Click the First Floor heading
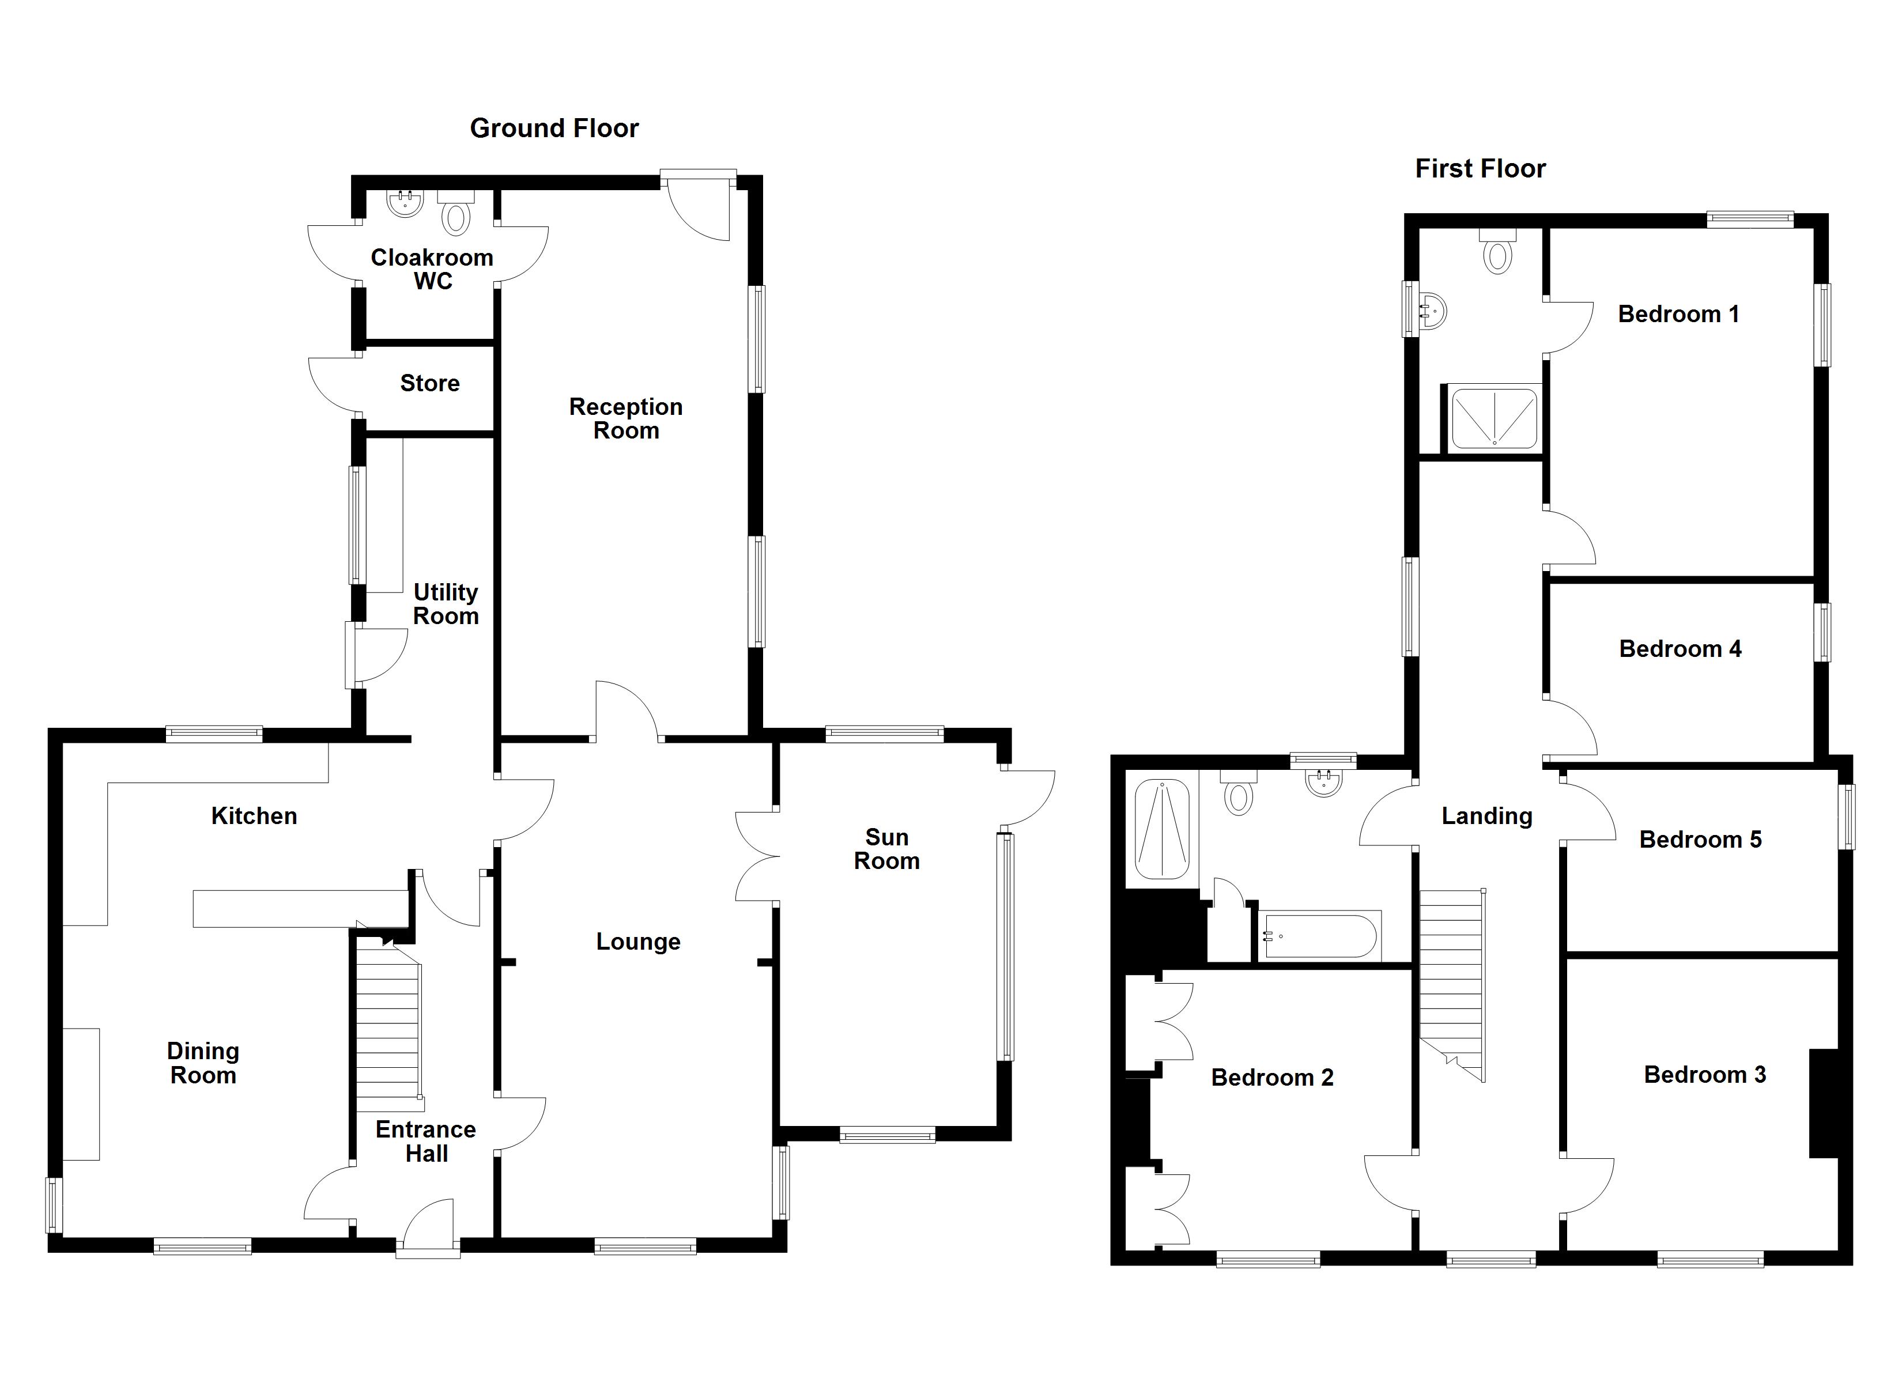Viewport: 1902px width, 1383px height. (1480, 169)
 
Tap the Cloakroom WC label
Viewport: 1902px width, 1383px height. (432, 269)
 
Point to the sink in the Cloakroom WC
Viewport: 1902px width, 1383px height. (406, 203)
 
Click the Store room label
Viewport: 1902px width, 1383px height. (429, 383)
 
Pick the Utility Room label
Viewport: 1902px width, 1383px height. (446, 604)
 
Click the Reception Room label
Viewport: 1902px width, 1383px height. (625, 418)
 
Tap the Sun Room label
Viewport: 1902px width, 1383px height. (886, 849)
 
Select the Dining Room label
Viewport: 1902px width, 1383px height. (203, 1063)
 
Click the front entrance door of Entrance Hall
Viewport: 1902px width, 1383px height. (429, 1229)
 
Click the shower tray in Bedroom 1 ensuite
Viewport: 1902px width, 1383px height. (1493, 418)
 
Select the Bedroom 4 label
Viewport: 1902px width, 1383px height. (1679, 648)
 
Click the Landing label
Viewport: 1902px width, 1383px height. (1486, 816)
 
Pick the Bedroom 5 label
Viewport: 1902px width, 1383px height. (1700, 840)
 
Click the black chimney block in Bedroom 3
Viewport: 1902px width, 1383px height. (1823, 1103)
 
